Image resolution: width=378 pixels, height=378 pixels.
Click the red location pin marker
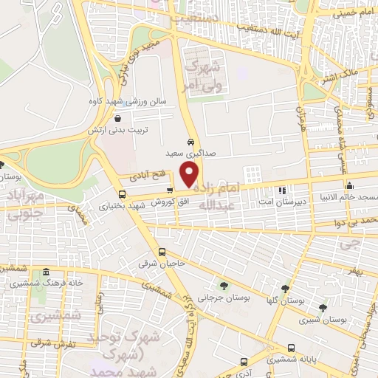click(x=190, y=173)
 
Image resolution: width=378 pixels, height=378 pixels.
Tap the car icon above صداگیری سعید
click(x=190, y=141)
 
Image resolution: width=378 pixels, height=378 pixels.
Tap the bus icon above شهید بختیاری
click(x=122, y=195)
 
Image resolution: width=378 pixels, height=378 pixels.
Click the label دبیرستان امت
click(x=281, y=202)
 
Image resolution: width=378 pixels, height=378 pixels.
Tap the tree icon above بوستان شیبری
click(x=323, y=308)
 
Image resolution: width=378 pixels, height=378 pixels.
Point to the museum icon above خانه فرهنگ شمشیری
click(x=47, y=271)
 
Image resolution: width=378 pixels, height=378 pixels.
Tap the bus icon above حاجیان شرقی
click(x=162, y=252)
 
